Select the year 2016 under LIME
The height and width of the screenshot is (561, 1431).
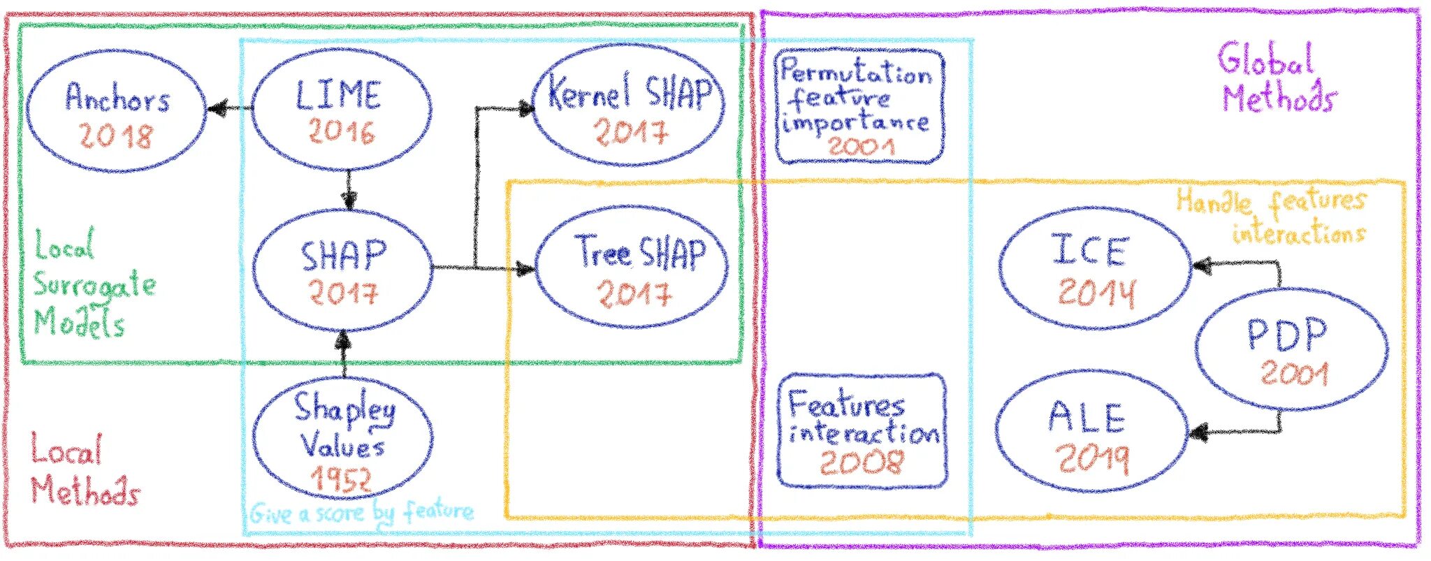342,131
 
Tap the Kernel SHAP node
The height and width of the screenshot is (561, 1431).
629,105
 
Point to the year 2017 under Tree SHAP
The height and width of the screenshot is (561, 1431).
634,293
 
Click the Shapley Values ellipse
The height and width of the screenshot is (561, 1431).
342,437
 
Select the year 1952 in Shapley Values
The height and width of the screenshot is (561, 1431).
340,479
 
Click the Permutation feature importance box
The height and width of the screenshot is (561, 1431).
859,106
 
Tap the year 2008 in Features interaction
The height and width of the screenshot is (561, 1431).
861,462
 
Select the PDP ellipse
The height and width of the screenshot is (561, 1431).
1290,349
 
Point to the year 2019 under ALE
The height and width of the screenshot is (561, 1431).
1091,458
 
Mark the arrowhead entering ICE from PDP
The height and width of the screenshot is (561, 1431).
1201,265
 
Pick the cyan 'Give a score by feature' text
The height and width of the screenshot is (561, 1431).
361,513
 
